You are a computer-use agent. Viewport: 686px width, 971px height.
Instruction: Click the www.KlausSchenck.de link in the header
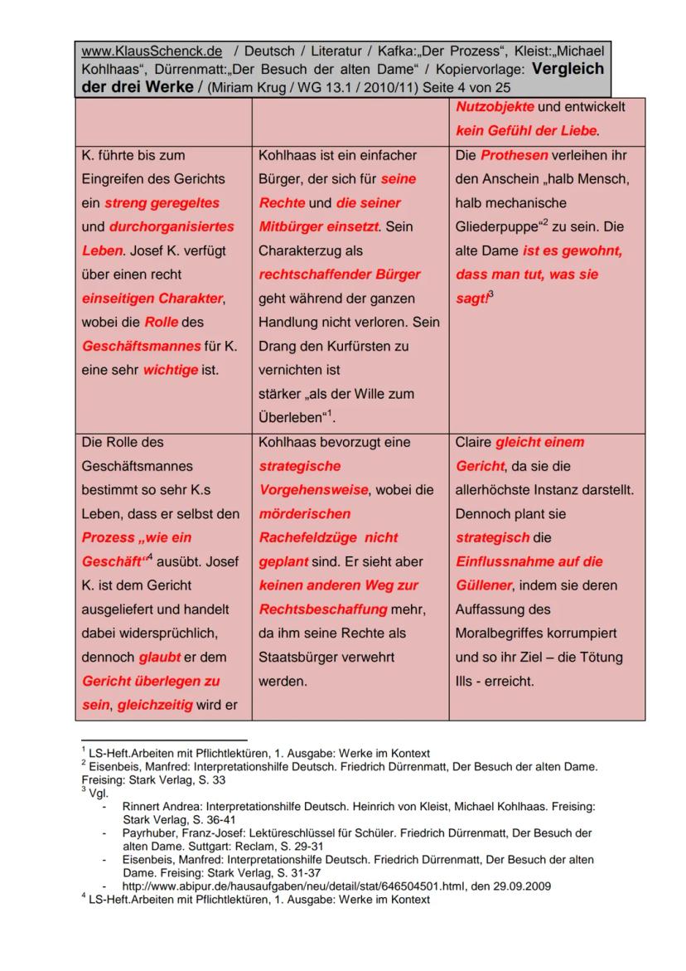[x=152, y=51]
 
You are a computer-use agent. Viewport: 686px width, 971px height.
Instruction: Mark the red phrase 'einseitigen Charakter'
[x=153, y=299]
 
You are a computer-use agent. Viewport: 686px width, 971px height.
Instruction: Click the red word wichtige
[x=171, y=370]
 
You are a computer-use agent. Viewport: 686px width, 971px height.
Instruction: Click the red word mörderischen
[x=304, y=514]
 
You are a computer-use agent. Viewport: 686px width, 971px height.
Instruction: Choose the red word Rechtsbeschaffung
[x=323, y=609]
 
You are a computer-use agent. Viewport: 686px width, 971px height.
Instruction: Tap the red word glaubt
[x=160, y=658]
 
